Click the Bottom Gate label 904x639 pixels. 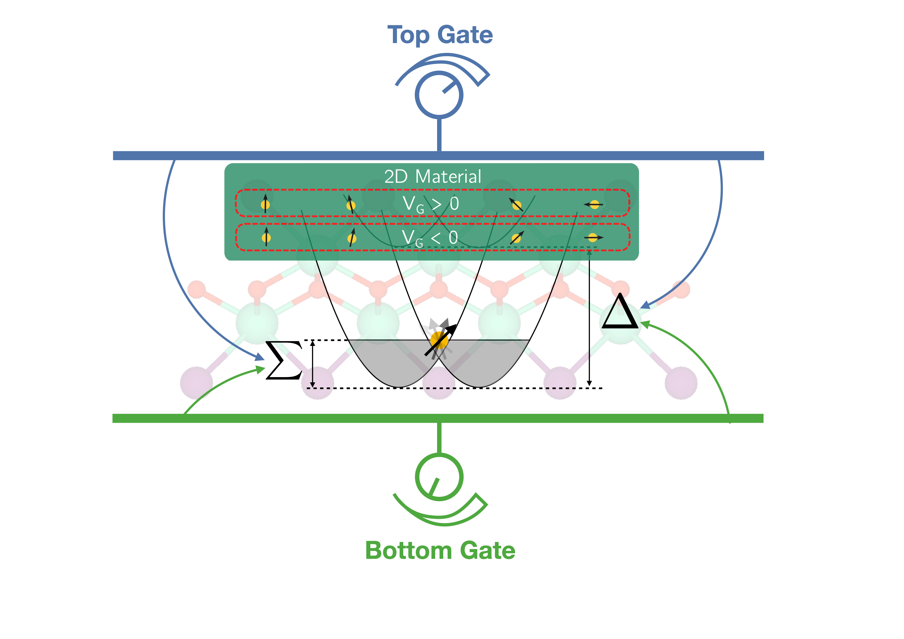440,550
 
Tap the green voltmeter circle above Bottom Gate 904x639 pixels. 439,477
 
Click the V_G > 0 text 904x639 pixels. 431,204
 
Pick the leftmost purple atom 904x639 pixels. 196,383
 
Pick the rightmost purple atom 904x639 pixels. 681,383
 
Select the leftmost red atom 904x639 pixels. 196,290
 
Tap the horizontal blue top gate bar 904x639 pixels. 438,155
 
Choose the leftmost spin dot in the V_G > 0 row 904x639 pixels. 265,205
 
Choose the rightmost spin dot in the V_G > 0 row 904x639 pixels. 595,204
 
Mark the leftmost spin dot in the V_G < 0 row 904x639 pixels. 266,237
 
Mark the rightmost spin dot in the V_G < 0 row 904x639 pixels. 592,237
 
